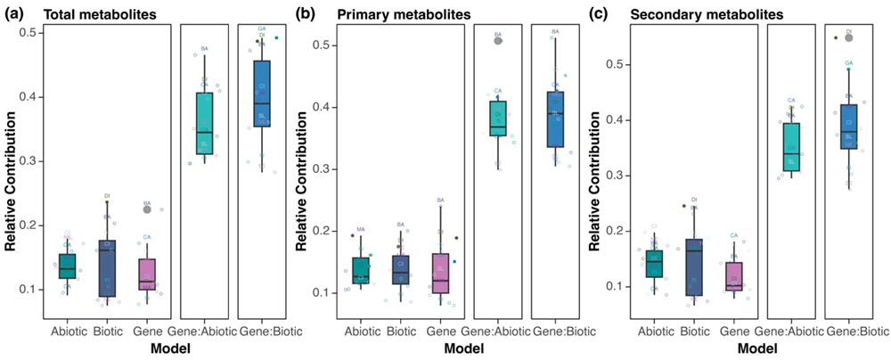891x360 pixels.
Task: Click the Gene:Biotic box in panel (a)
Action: click(263, 94)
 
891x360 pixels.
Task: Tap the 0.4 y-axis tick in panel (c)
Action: click(610, 119)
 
